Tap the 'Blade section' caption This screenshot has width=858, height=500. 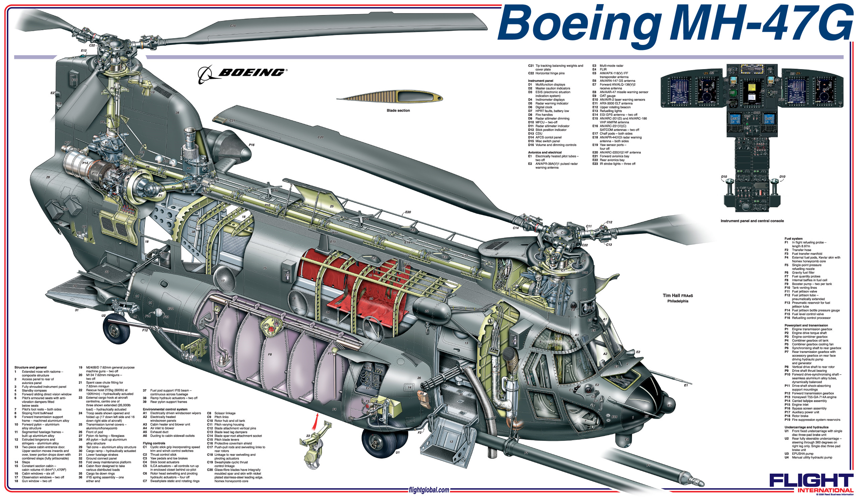tap(398, 111)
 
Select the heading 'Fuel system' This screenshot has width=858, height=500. tap(793, 239)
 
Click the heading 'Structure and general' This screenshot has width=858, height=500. tap(30, 368)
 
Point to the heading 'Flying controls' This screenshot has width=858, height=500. tap(154, 443)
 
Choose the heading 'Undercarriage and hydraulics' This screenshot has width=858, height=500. tap(806, 427)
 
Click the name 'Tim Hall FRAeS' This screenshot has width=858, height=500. tap(678, 296)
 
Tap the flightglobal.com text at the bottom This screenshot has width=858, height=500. tap(428, 490)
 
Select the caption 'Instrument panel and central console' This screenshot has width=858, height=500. tap(752, 221)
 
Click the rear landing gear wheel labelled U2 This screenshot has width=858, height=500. tap(116, 330)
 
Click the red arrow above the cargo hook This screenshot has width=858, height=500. tap(317, 419)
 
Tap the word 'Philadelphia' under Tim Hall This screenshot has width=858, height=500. tap(678, 301)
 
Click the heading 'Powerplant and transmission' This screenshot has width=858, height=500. tap(806, 325)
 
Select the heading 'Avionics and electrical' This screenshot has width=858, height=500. tap(545, 152)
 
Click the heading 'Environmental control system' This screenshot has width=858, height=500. tap(165, 409)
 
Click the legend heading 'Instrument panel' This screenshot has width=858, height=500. tap(540, 81)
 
